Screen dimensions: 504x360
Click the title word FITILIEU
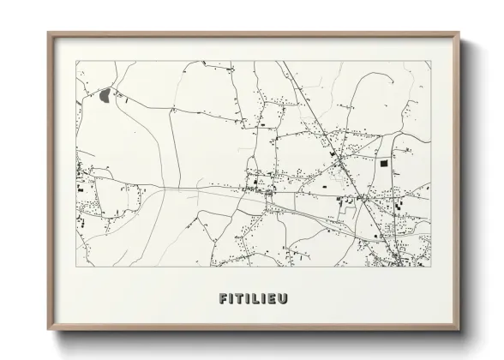[x=253, y=299]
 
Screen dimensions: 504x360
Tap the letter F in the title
[x=224, y=299]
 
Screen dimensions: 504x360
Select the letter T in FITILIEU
[x=240, y=299]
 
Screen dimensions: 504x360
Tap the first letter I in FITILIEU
[x=232, y=299]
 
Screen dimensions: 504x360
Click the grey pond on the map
[x=105, y=95]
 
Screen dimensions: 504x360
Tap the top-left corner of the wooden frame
[x=48, y=33]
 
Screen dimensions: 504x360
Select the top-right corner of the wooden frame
[x=459, y=33]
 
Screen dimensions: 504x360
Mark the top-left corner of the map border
[x=76, y=60]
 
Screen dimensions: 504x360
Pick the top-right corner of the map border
[x=430, y=60]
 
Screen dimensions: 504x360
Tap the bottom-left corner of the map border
[x=76, y=267]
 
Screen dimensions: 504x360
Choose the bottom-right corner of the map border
[x=430, y=267]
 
